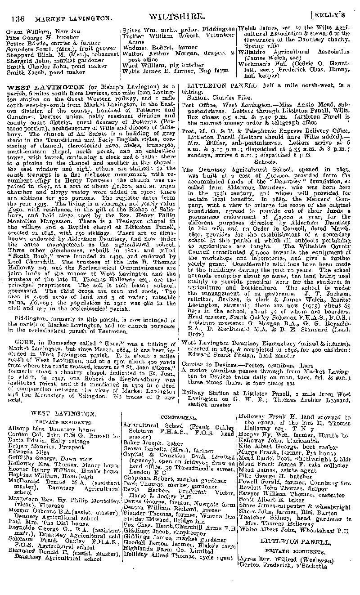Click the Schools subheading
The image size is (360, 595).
265,161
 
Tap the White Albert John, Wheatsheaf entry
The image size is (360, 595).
294,530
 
